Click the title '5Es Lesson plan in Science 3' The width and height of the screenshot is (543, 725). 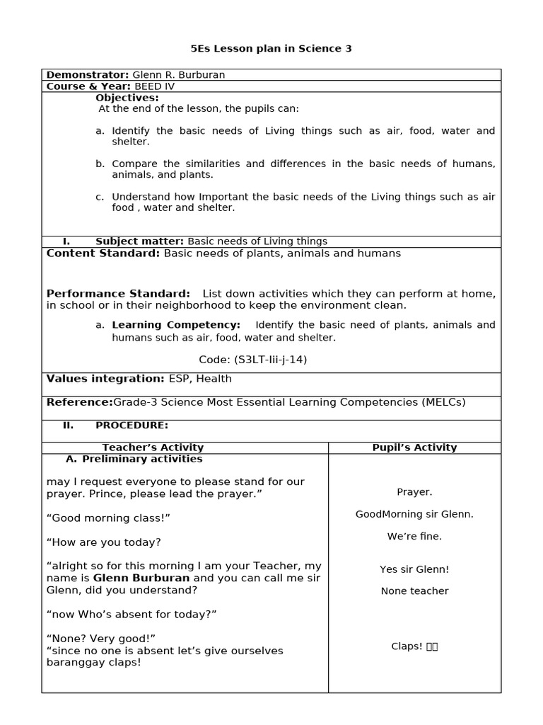[271, 49]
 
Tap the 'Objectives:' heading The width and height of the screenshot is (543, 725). [127, 98]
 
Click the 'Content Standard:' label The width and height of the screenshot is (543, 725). [103, 253]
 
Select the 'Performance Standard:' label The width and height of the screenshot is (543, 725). [118, 294]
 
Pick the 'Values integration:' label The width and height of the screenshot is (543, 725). [105, 379]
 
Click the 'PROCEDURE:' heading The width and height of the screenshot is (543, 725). [132, 426]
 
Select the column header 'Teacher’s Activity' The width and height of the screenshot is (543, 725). [153, 447]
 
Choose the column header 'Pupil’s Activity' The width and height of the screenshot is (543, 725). [414, 447]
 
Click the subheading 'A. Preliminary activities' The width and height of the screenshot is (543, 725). [134, 459]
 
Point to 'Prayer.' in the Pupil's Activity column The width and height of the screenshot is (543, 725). [414, 492]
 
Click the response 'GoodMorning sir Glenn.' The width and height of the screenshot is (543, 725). [414, 514]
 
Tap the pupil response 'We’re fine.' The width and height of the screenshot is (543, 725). [414, 537]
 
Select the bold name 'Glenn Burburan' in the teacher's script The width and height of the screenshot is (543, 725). [141, 578]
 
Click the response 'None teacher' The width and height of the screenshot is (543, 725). [414, 591]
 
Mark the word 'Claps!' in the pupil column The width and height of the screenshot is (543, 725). [407, 646]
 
